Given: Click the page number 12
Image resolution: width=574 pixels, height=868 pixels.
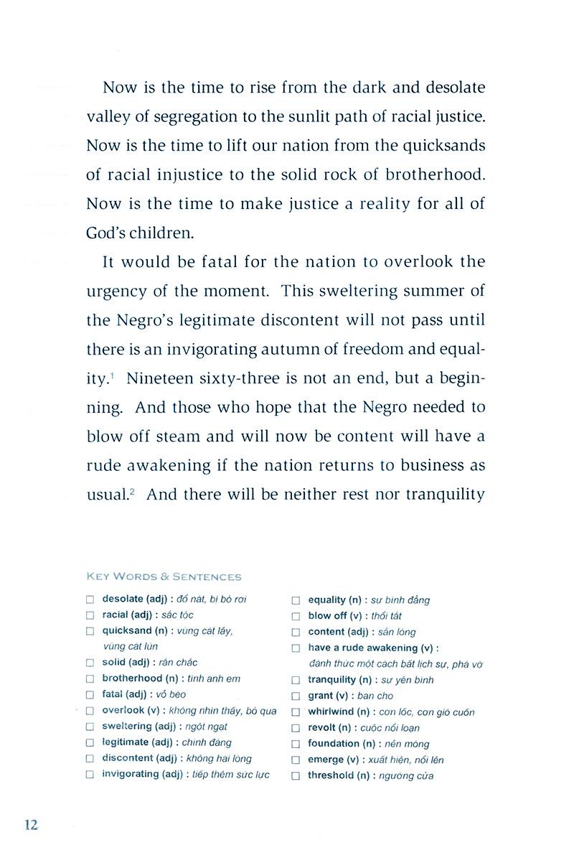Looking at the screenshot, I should (31, 824).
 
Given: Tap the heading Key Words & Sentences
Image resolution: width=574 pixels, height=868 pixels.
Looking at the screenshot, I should (164, 577).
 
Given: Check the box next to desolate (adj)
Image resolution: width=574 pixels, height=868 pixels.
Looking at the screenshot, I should (90, 599).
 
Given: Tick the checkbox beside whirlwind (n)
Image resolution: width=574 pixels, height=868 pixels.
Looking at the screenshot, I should (295, 712).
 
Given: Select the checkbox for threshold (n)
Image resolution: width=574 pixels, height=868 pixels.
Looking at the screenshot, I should (295, 776).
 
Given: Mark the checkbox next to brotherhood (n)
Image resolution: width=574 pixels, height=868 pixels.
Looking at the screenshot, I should (90, 678).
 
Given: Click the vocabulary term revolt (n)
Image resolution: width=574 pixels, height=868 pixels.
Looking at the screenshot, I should (332, 728).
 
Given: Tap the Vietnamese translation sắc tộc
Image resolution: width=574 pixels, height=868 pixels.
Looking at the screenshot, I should (178, 615).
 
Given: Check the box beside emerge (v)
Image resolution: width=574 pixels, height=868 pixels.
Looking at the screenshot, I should (295, 760).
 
